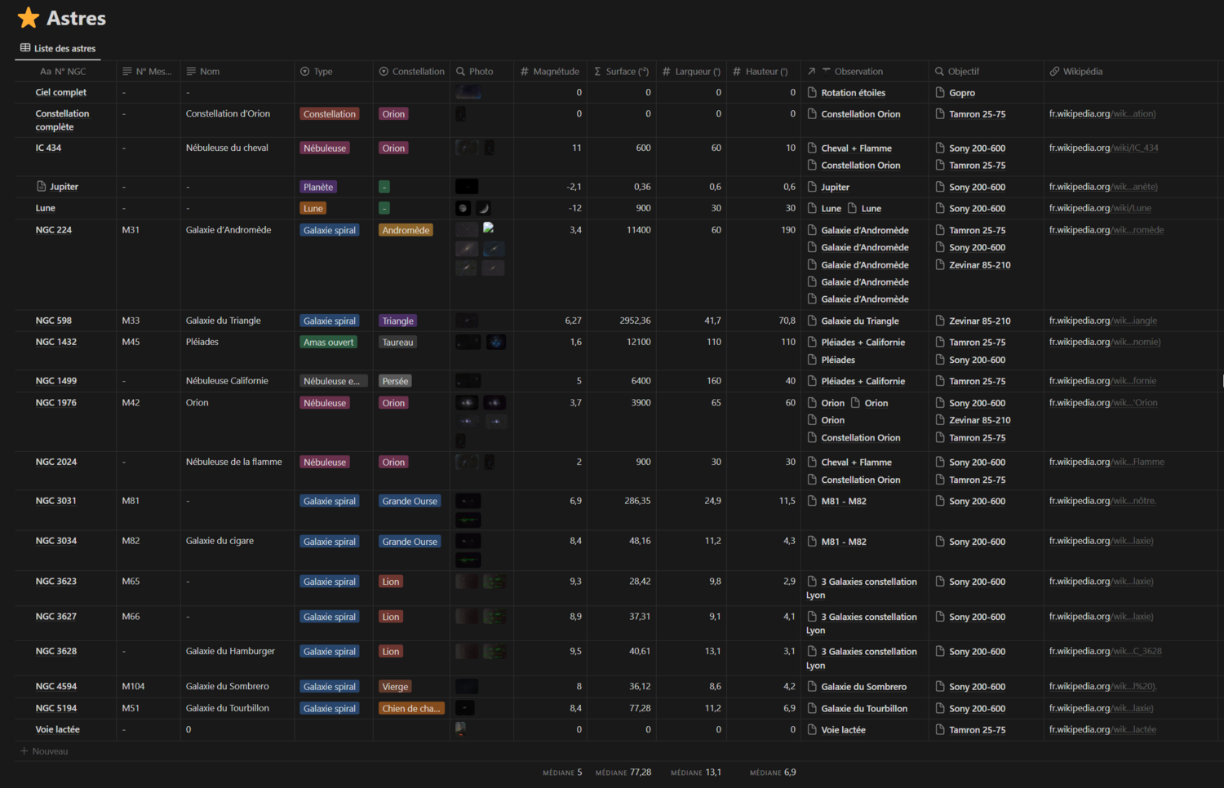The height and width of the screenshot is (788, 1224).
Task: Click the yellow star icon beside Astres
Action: tap(29, 18)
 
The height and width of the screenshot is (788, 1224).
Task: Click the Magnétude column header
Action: tap(556, 72)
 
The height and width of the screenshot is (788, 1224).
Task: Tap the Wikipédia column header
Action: tap(1082, 72)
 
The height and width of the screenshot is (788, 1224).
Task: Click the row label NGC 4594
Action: tap(56, 687)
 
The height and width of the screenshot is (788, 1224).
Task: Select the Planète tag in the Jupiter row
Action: tap(318, 188)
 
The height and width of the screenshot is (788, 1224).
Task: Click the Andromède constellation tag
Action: tap(406, 231)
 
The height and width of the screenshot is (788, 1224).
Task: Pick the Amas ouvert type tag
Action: tap(329, 343)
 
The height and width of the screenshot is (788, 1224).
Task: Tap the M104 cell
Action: tap(133, 687)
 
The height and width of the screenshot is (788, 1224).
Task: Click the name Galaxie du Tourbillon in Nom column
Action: tap(228, 708)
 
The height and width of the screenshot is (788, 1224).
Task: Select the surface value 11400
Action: tap(638, 230)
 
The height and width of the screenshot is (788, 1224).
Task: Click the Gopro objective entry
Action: tap(961, 93)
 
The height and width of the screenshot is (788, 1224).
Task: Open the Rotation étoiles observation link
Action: tap(853, 93)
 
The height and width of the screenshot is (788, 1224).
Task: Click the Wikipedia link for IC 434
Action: tap(1103, 148)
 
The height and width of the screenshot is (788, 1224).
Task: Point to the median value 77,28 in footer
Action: tap(640, 773)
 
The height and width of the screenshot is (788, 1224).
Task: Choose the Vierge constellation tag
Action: tap(395, 687)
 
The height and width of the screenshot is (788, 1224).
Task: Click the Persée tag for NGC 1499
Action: tap(395, 381)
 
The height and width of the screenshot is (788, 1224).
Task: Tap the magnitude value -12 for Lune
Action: tap(574, 208)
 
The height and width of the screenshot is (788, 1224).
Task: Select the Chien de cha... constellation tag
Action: tap(410, 709)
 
